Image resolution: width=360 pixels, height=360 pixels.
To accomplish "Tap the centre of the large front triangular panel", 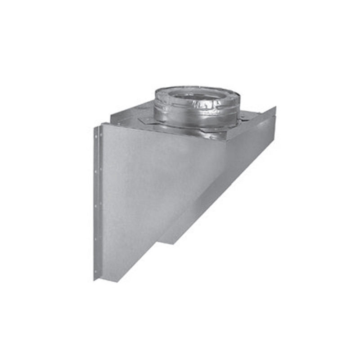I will (x=148, y=189).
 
